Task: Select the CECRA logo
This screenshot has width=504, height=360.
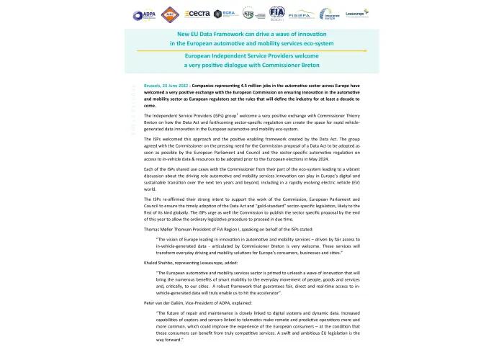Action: tap(197, 13)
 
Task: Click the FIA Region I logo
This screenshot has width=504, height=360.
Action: tap(277, 13)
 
